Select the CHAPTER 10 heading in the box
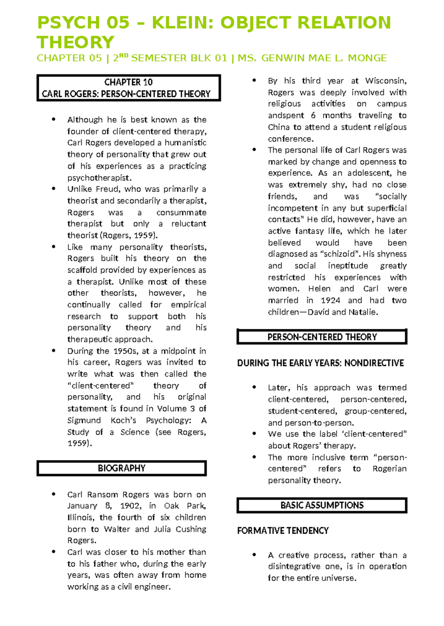(128, 82)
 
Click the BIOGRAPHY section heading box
(121, 468)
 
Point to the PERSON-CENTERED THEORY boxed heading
(322, 337)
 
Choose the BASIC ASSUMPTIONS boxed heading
(322, 505)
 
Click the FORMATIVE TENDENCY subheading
(283, 531)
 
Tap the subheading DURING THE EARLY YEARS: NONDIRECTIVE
(320, 363)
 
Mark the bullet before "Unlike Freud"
(54, 189)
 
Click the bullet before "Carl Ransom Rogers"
(54, 494)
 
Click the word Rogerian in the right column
(389, 469)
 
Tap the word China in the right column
(279, 127)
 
